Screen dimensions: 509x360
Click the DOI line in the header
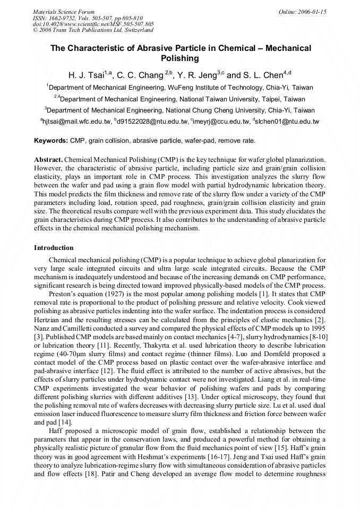coord(93,24)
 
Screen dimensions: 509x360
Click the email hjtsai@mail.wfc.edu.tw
coord(78,122)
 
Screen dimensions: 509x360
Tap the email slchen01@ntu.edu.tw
coord(287,122)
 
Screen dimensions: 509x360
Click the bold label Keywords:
coord(51,141)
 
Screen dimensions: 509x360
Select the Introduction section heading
coord(54,248)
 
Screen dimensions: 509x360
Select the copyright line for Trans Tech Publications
coord(93,30)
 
